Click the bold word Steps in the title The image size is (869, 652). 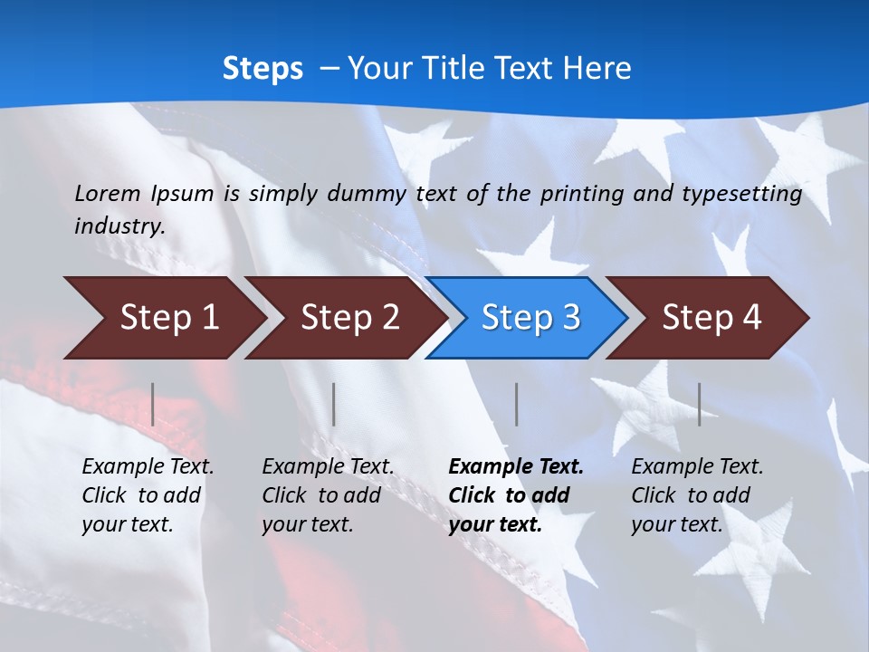tap(263, 69)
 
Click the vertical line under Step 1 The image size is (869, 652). tap(153, 404)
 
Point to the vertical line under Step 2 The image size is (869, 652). tap(334, 404)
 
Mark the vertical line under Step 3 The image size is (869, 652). tap(517, 404)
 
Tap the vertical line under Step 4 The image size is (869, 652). tap(700, 404)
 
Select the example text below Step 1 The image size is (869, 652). tap(148, 494)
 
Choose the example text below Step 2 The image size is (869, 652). tap(328, 494)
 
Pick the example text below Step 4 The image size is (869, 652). tap(697, 494)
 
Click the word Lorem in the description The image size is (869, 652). tap(108, 193)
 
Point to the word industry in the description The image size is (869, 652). tap(119, 225)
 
